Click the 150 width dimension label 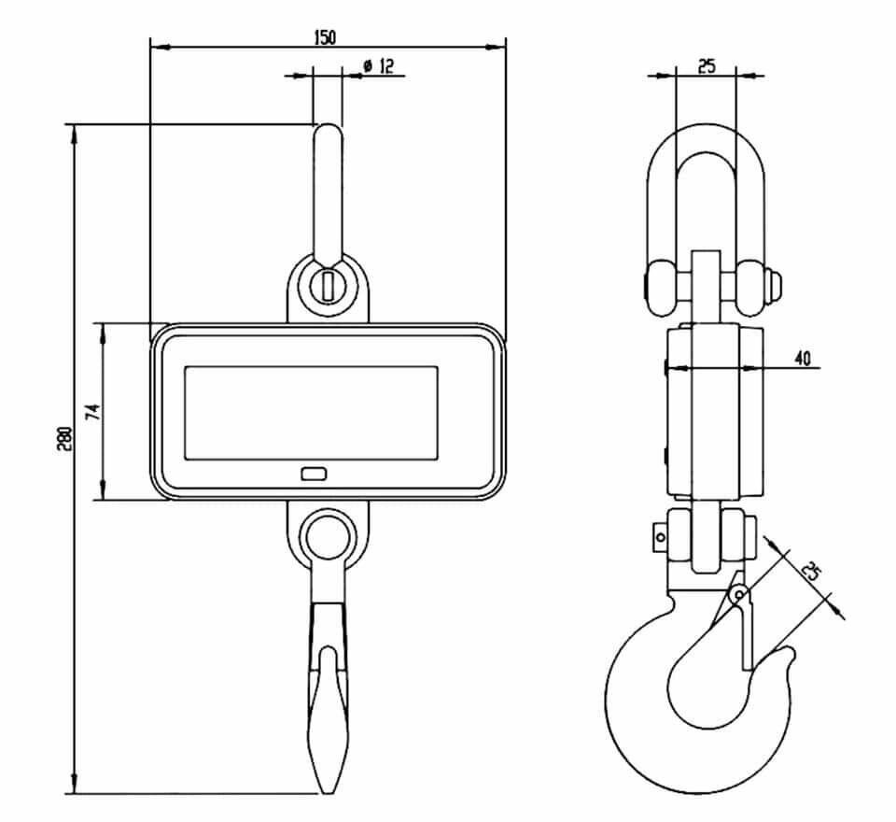[x=326, y=37]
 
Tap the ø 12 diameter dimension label [x=378, y=65]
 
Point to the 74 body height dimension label [x=92, y=412]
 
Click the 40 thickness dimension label [x=803, y=358]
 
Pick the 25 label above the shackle [x=707, y=65]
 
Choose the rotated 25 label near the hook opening [x=811, y=571]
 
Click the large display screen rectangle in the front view [x=312, y=413]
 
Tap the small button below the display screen [x=314, y=474]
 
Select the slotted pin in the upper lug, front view [x=328, y=285]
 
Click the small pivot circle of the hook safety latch [x=739, y=594]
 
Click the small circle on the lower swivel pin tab [x=661, y=537]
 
